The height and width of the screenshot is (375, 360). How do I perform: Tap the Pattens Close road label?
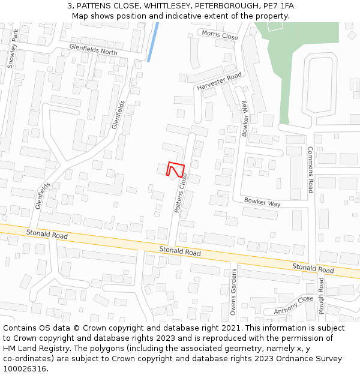tap(181, 193)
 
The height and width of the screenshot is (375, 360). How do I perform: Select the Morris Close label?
tap(220, 36)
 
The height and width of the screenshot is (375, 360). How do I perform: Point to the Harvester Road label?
tap(219, 82)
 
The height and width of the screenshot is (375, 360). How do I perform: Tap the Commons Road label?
tap(311, 169)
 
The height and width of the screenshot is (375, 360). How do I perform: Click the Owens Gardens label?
tap(233, 292)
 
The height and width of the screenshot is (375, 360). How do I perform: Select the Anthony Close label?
tap(294, 305)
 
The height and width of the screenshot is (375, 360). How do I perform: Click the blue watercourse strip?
tap(152, 42)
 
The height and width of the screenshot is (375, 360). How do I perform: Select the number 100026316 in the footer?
tap(26, 368)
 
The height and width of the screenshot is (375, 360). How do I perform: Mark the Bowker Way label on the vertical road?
tap(245, 119)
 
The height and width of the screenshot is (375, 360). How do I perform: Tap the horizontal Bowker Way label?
tap(262, 203)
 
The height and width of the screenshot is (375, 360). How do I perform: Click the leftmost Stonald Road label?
tap(47, 234)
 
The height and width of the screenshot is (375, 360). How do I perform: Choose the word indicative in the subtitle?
tap(181, 16)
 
